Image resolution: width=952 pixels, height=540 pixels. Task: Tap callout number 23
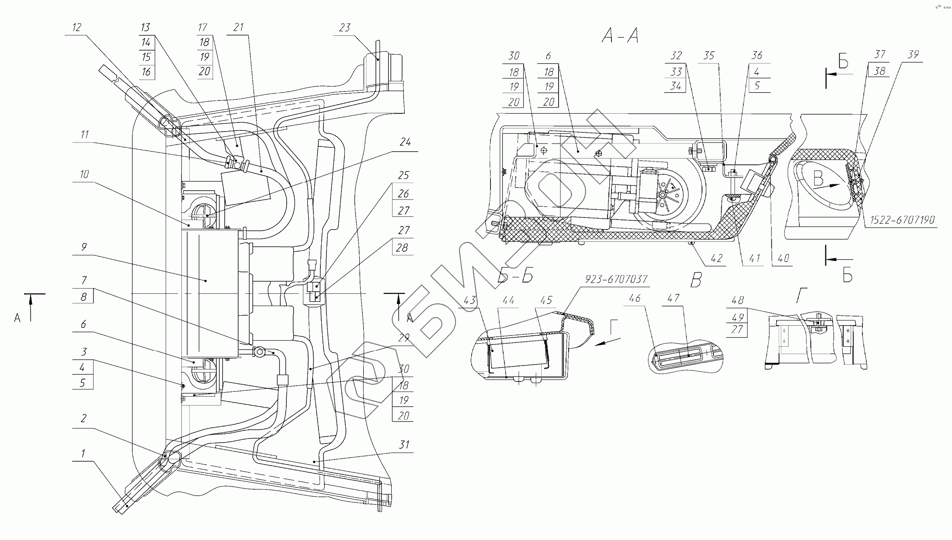point(344,28)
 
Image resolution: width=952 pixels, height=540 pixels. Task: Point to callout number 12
point(76,28)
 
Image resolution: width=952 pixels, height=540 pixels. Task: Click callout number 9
point(84,247)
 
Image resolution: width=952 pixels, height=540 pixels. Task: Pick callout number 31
point(404,445)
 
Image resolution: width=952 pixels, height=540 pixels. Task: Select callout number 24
point(405,143)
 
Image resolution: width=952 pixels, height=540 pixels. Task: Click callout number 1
point(83,453)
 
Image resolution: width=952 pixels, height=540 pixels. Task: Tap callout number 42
point(717,258)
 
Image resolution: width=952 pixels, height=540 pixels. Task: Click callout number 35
point(709,56)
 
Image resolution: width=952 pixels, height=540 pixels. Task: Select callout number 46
point(634,298)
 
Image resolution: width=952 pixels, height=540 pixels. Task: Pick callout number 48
point(737,300)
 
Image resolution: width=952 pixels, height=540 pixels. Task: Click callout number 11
point(85,134)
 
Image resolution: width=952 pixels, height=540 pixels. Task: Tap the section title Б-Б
point(515,277)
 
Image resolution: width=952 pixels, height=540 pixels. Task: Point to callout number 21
point(238,28)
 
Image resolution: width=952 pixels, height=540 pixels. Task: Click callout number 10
point(83,174)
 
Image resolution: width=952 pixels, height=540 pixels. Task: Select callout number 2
point(83,418)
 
